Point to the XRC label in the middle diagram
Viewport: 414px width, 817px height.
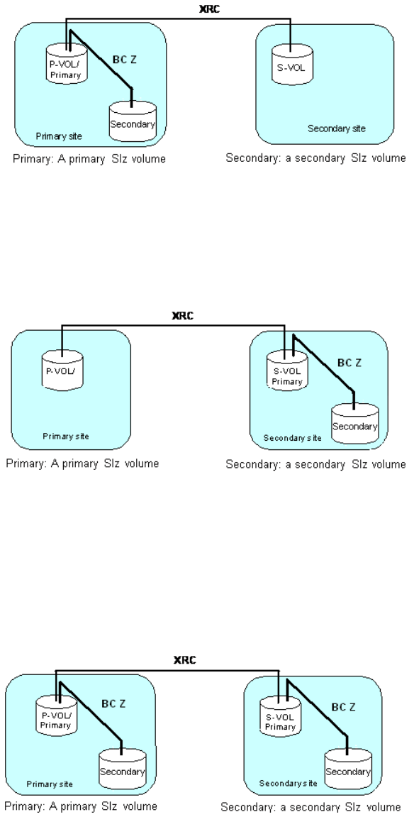tap(183, 315)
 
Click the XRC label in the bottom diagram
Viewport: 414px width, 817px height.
tap(184, 659)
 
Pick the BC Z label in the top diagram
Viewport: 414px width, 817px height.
tap(125, 59)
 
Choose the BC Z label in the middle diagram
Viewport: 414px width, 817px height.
tap(349, 363)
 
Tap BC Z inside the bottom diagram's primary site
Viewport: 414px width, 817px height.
tap(113, 703)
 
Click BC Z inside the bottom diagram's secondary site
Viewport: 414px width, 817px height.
tap(344, 707)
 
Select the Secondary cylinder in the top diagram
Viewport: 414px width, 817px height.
tap(133, 121)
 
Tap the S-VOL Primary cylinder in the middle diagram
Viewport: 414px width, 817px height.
tap(286, 369)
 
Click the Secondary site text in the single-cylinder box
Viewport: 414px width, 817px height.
tap(337, 128)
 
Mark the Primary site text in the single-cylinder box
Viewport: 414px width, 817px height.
tap(65, 436)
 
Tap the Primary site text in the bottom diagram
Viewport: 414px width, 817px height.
tap(50, 784)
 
